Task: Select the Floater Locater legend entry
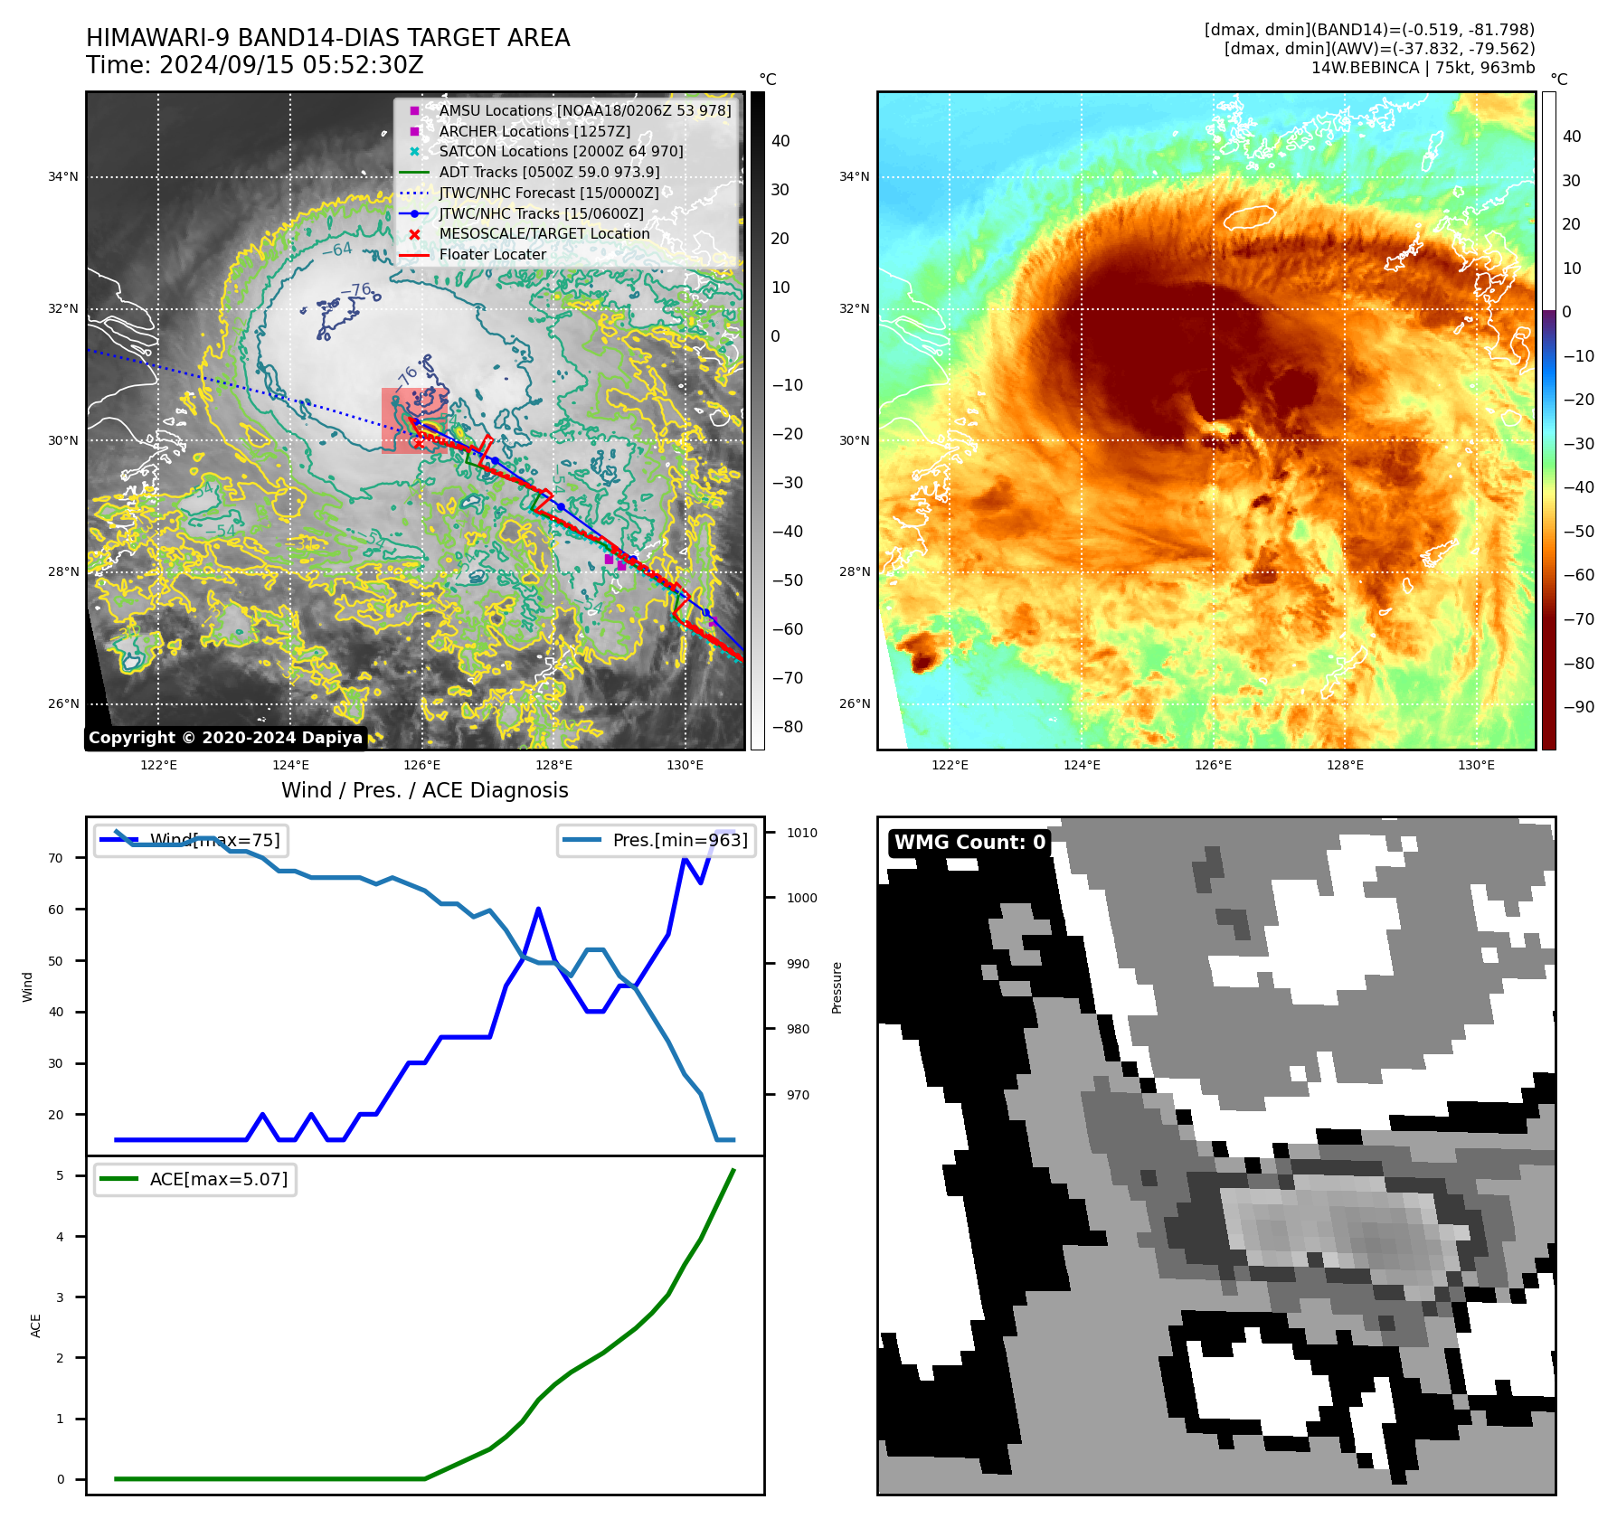pyautogui.click(x=492, y=254)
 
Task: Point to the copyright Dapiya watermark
pyautogui.click(x=225, y=738)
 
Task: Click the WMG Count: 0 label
pyautogui.click(x=969, y=843)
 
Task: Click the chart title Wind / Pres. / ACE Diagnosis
pyautogui.click(x=424, y=790)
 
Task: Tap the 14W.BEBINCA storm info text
pyautogui.click(x=1423, y=68)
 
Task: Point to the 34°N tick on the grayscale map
pyautogui.click(x=63, y=177)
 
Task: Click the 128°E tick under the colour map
pyautogui.click(x=1345, y=765)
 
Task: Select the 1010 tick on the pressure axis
pyautogui.click(x=801, y=833)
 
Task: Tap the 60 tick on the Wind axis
pyautogui.click(x=56, y=910)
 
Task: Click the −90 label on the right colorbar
pyautogui.click(x=1578, y=707)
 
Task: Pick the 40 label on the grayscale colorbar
pyautogui.click(x=780, y=141)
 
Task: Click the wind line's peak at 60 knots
pyautogui.click(x=538, y=909)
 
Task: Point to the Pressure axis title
pyautogui.click(x=837, y=987)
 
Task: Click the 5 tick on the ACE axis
pyautogui.click(x=60, y=1175)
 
